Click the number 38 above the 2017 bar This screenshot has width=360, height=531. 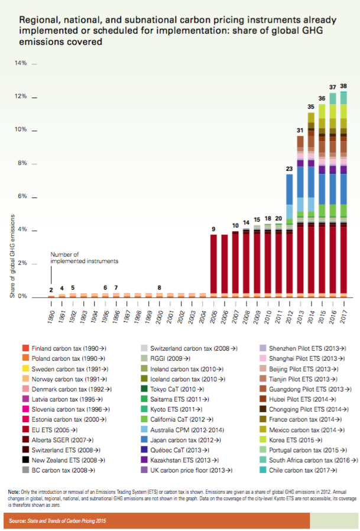tap(343, 86)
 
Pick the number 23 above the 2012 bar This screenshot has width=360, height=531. tap(290, 169)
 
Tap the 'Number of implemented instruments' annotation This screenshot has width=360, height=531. tap(84, 257)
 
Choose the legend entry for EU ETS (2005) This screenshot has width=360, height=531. tap(65, 429)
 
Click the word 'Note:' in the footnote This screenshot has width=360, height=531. tap(14, 492)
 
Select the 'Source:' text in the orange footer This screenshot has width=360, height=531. tap(21, 521)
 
